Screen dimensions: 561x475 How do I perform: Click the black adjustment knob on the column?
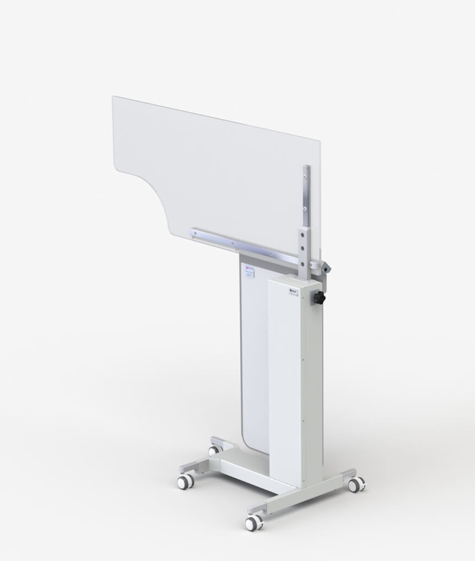click(318, 298)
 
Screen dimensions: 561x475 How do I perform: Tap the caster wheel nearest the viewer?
click(253, 523)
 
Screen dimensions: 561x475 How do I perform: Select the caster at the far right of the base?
click(356, 484)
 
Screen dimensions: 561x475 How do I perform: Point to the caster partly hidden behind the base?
click(213, 450)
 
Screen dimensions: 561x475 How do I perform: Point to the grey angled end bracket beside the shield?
click(325, 268)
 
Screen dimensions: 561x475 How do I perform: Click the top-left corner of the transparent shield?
click(114, 98)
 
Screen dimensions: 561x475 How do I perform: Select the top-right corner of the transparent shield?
click(319, 141)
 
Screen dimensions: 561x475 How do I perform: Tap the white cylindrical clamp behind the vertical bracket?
click(314, 265)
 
